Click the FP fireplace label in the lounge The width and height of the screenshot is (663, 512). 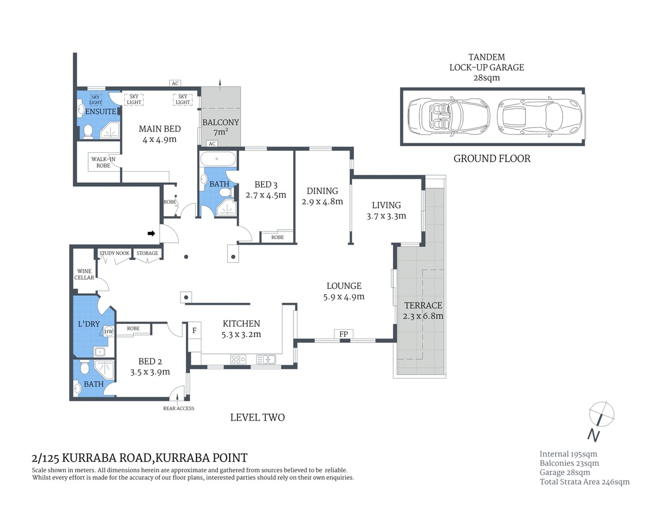click(343, 334)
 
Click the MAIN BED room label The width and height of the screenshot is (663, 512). click(159, 134)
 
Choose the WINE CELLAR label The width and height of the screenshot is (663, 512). click(85, 274)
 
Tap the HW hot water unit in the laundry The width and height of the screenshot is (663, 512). click(108, 332)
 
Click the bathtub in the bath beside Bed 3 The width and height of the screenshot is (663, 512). click(217, 159)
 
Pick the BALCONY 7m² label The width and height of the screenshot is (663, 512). click(220, 127)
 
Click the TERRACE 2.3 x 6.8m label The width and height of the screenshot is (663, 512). click(423, 310)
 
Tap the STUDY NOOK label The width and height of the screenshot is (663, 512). click(114, 253)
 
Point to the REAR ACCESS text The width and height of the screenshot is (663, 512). click(178, 408)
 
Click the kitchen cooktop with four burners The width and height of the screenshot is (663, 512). click(238, 359)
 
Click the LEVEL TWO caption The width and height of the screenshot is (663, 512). click(257, 418)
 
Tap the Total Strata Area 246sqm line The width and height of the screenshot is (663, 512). click(584, 482)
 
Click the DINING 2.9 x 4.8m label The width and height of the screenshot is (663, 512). click(322, 196)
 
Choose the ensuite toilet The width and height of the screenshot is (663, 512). click(87, 131)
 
